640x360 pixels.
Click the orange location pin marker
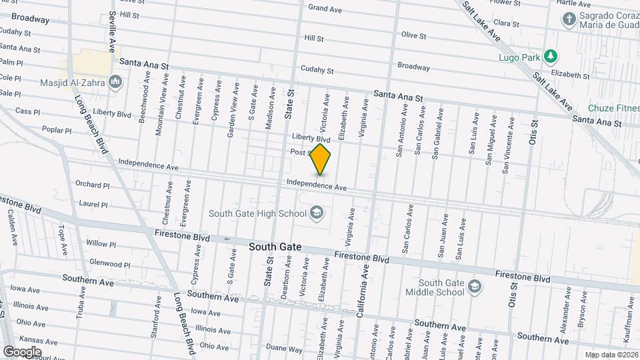321,159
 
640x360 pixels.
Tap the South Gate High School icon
317,213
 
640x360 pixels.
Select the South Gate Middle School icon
475,287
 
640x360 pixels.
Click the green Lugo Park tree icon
550,55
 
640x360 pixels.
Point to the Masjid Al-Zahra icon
116,82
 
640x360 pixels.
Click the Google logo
22,351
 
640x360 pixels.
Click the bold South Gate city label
275,247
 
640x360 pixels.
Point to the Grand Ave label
325,9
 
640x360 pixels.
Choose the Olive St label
413,35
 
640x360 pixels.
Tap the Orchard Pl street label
92,185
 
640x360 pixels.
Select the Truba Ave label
79,303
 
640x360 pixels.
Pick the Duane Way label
280,347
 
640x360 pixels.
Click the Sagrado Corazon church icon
569,19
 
